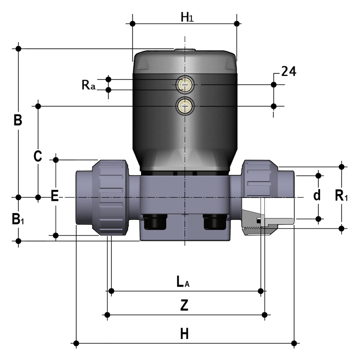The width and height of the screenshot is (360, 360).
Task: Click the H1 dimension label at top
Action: (187, 17)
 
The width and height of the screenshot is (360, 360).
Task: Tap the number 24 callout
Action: (288, 71)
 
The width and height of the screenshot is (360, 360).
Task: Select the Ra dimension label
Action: (88, 84)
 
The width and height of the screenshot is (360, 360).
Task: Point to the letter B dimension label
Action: (18, 120)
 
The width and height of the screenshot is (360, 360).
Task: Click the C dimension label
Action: (37, 156)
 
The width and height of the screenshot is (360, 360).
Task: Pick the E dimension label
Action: (55, 196)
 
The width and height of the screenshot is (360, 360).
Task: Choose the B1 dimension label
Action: (18, 219)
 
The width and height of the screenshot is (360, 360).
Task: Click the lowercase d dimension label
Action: (317, 196)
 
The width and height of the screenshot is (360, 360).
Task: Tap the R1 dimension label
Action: (341, 196)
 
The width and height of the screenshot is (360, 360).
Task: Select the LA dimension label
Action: (183, 282)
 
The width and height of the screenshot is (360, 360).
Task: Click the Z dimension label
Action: (184, 305)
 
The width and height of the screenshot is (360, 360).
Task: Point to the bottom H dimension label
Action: (184, 334)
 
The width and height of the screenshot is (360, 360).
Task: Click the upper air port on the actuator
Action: (185, 84)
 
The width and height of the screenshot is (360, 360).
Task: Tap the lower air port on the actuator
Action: (185, 106)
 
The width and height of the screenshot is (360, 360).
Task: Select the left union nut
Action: (110, 197)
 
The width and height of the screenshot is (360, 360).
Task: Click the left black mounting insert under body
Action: (155, 222)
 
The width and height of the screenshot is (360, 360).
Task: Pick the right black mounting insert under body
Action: (215, 222)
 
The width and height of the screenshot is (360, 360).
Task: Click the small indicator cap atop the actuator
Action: (185, 49)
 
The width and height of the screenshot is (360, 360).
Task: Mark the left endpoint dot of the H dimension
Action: (76, 344)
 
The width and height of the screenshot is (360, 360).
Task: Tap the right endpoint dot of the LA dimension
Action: (261, 291)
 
